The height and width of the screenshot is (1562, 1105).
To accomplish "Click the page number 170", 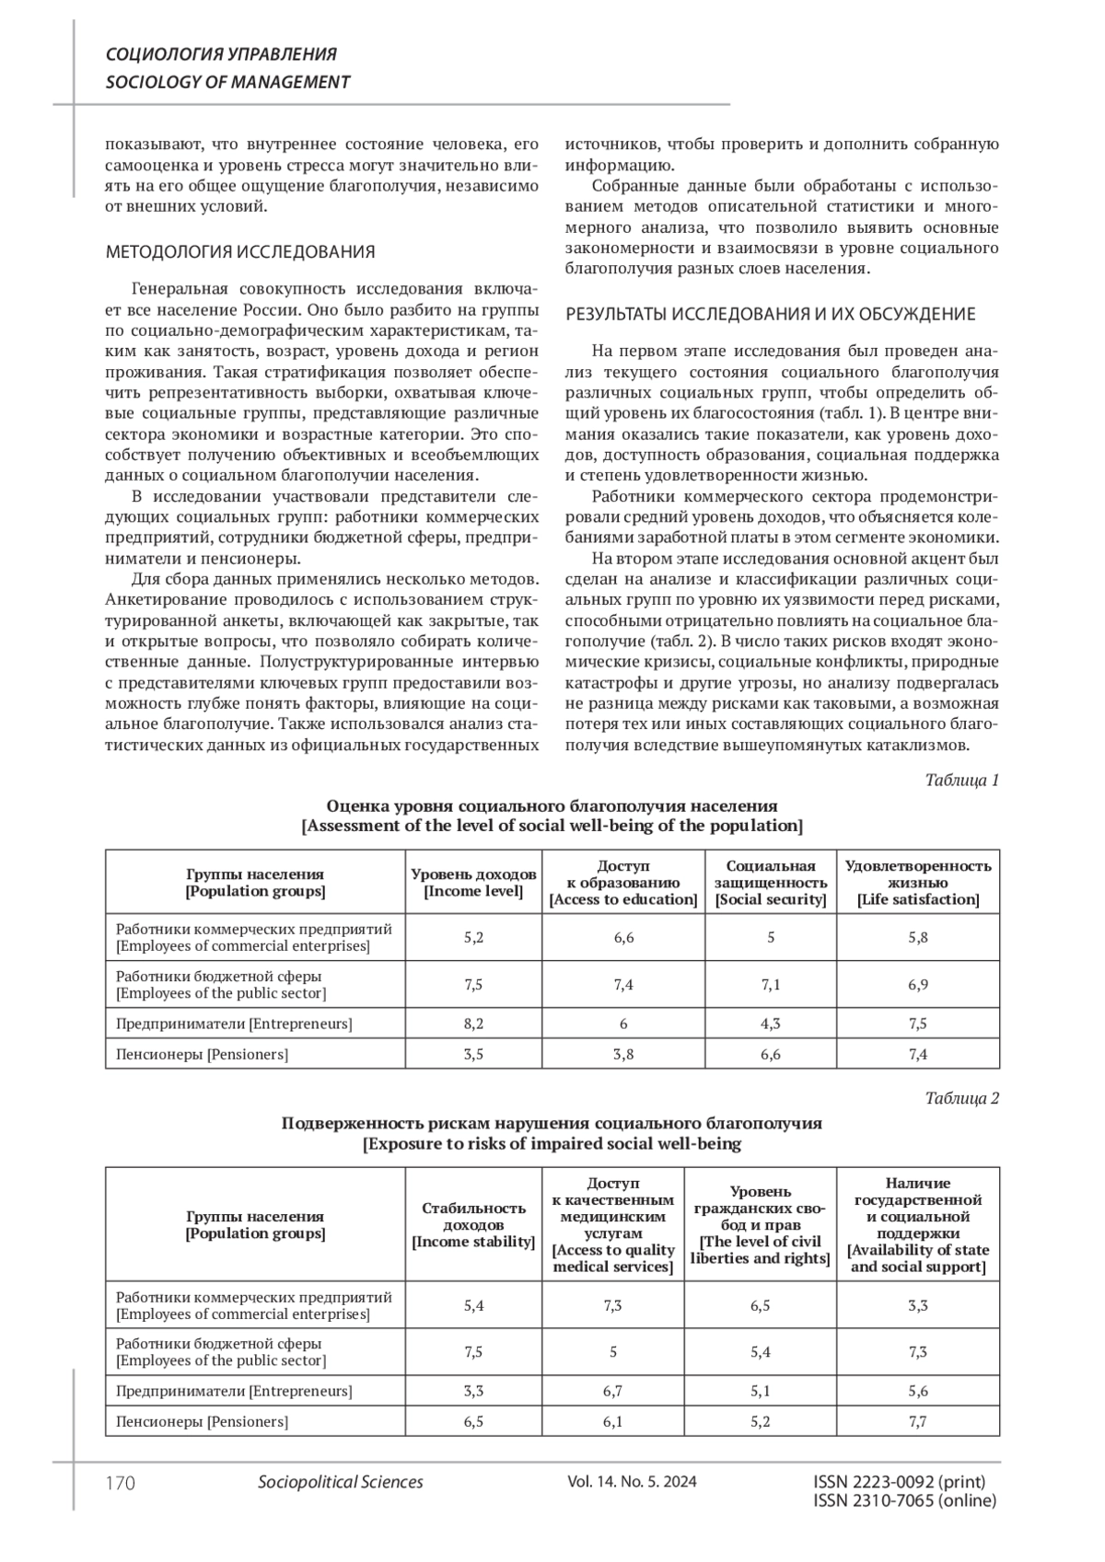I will coord(121,1482).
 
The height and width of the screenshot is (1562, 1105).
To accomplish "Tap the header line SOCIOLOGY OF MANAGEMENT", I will coord(227,82).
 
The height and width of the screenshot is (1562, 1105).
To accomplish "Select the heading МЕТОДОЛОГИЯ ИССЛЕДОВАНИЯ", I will coord(240,251).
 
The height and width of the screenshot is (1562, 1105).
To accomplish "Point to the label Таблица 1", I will coord(961,781).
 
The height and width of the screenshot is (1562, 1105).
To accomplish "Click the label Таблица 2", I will coord(961,1097).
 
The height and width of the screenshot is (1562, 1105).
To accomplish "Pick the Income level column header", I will coord(473,882).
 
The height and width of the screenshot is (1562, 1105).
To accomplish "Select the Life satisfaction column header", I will coord(918,882).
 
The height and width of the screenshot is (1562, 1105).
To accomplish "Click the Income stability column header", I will coord(473,1224).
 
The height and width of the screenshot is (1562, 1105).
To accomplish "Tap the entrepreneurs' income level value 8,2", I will coord(473,1023).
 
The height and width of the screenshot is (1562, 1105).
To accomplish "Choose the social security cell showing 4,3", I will coord(771,1023).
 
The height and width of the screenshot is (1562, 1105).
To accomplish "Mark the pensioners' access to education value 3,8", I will coord(623,1054).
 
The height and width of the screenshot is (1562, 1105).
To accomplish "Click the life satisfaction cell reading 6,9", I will coord(918,984).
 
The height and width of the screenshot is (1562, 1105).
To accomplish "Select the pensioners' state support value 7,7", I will coord(918,1421).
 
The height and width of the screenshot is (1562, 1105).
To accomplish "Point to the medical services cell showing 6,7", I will coord(613,1391).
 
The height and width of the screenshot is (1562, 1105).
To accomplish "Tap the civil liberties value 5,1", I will coord(761,1391).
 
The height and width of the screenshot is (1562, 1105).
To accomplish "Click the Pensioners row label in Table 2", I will coord(202,1421).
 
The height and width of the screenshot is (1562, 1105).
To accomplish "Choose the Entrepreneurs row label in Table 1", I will coord(234,1023).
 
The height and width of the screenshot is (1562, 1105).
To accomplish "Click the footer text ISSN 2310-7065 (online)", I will coord(905,1500).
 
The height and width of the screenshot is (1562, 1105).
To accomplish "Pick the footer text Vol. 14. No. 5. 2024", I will coord(633,1482).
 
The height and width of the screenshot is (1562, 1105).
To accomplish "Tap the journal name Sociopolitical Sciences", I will coord(341,1482).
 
